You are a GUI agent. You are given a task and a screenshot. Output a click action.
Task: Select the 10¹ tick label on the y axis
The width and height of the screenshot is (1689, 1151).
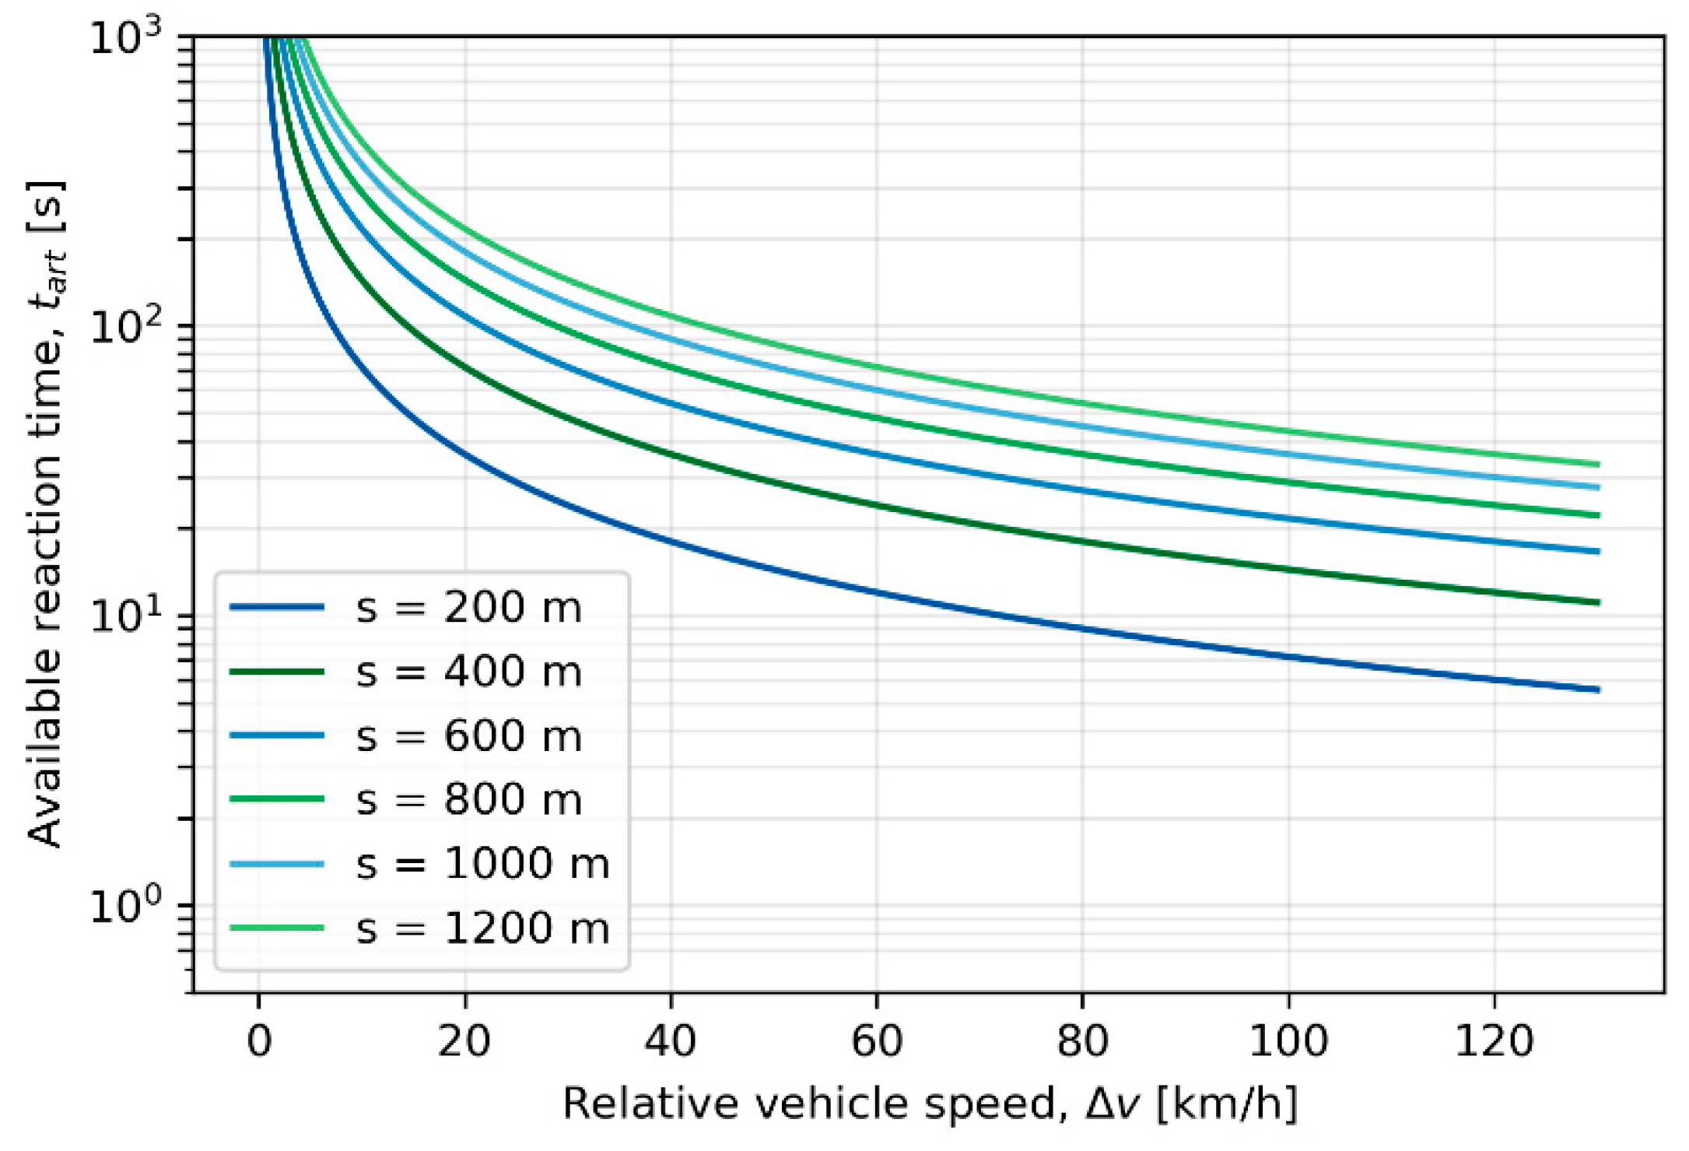126,616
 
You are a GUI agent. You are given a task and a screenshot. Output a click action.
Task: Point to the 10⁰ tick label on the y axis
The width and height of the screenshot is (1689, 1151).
126,905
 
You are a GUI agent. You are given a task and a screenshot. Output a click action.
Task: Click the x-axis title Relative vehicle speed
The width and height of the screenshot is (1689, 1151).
930,1104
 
